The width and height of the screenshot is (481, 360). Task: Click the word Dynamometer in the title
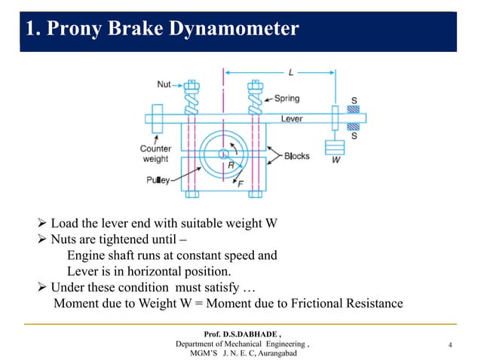[x=233, y=29]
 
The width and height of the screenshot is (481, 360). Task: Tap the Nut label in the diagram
[x=164, y=84]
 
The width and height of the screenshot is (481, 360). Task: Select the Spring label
[x=286, y=98]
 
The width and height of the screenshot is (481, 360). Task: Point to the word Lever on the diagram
[x=292, y=119]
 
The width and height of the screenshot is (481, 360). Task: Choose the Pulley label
[x=159, y=180]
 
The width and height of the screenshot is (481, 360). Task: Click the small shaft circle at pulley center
[x=224, y=154]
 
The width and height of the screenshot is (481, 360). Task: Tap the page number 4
[x=449, y=345]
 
